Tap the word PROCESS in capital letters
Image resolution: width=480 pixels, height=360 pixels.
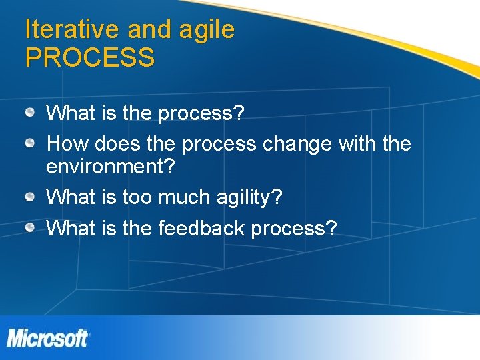pos(90,58)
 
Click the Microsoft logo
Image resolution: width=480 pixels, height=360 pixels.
pos(48,338)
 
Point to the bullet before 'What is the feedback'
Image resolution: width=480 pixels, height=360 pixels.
pos(31,227)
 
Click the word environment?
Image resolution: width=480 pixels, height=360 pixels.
pos(111,167)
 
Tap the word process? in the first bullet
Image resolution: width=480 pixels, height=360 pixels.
pos(201,113)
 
